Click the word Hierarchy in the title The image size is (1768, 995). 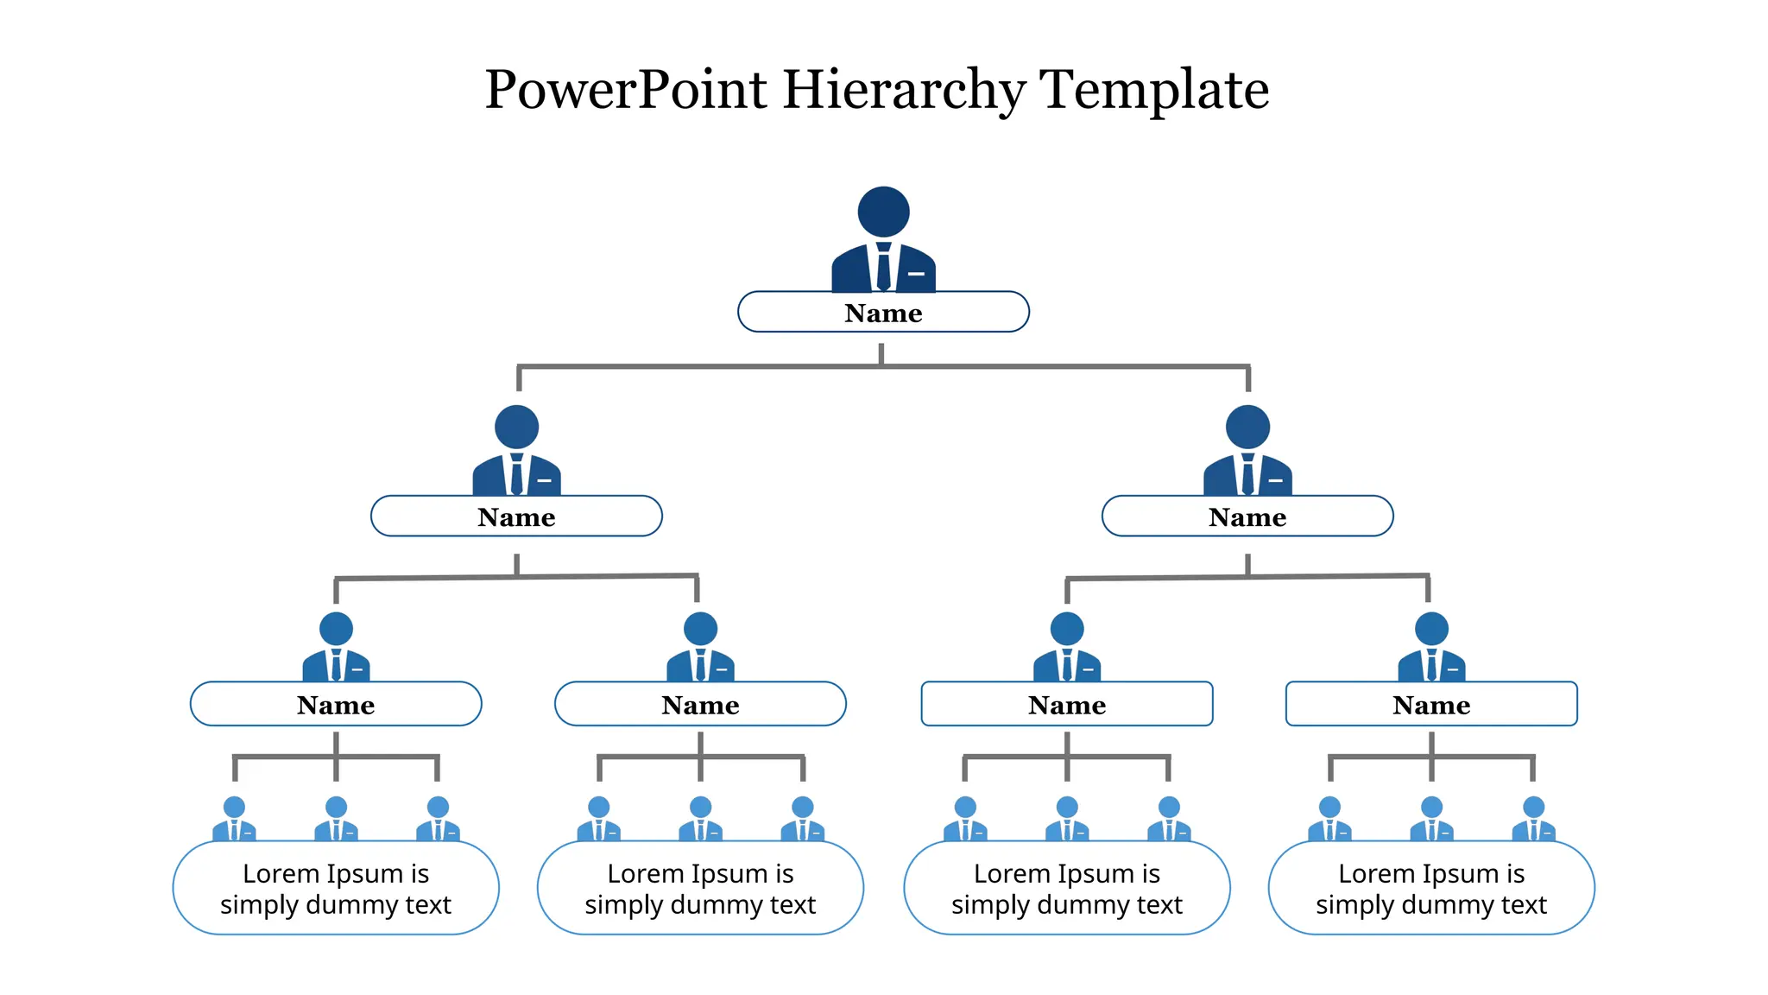point(903,90)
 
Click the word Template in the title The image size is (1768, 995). point(1155,90)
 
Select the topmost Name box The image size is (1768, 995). point(883,313)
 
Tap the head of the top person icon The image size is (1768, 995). point(883,212)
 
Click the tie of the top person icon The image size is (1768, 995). point(883,268)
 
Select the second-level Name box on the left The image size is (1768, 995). point(516,517)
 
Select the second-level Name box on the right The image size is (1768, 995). point(1247,517)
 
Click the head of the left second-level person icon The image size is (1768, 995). point(516,427)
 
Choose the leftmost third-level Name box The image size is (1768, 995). point(336,705)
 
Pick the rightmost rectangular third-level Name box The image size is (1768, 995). point(1431,705)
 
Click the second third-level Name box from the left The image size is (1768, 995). point(700,705)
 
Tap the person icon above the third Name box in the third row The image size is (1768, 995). point(1067,648)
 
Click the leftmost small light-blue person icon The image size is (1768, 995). point(234,820)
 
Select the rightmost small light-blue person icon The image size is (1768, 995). point(1533,820)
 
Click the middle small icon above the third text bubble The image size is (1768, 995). point(1067,820)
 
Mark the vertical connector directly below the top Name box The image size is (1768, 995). point(881,353)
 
